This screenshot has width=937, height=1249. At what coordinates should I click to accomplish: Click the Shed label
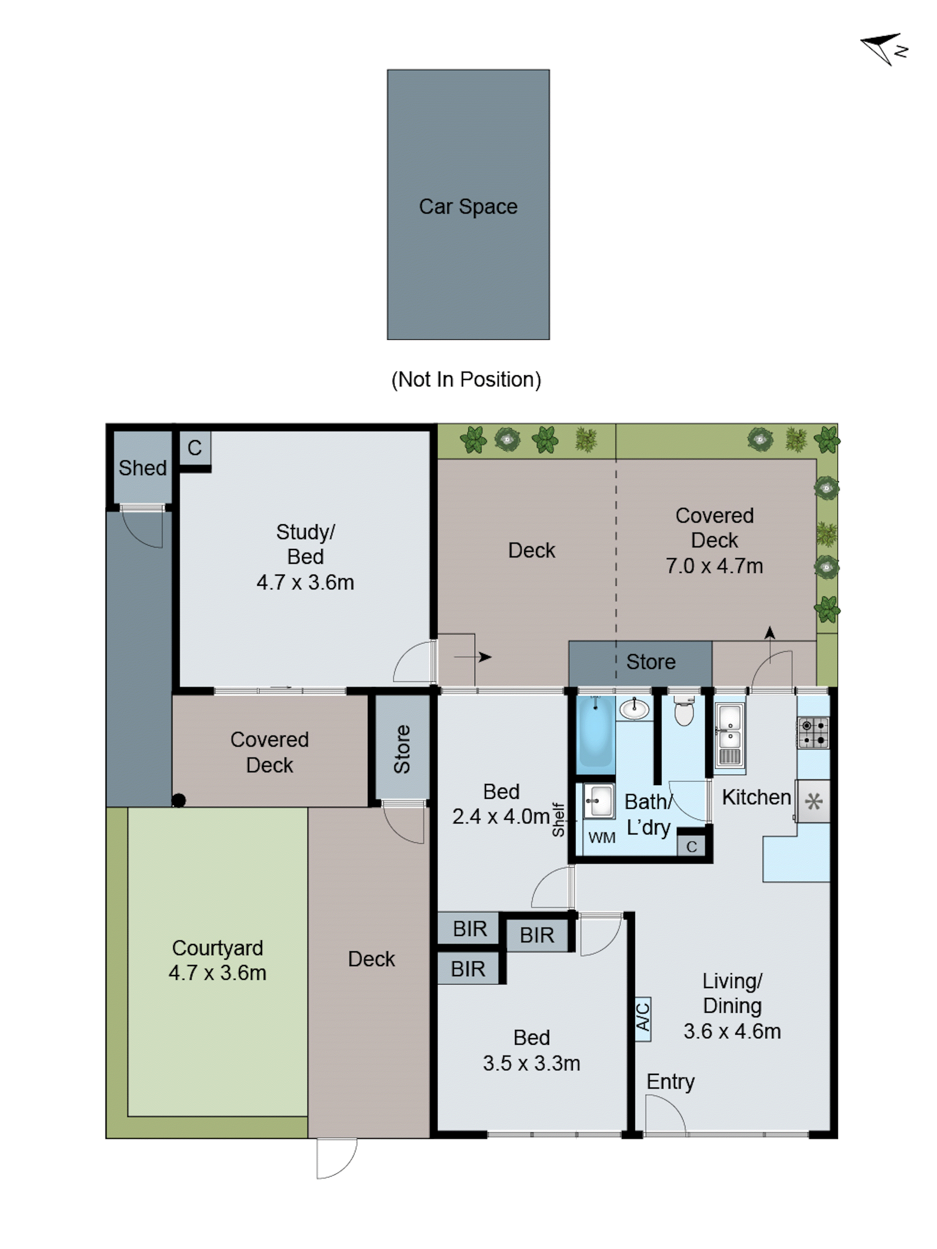click(x=142, y=468)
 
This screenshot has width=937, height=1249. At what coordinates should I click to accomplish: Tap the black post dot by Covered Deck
click(x=178, y=800)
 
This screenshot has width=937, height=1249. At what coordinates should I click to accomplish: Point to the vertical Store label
click(x=402, y=749)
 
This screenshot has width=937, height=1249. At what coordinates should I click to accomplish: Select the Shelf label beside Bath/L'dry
click(x=558, y=819)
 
